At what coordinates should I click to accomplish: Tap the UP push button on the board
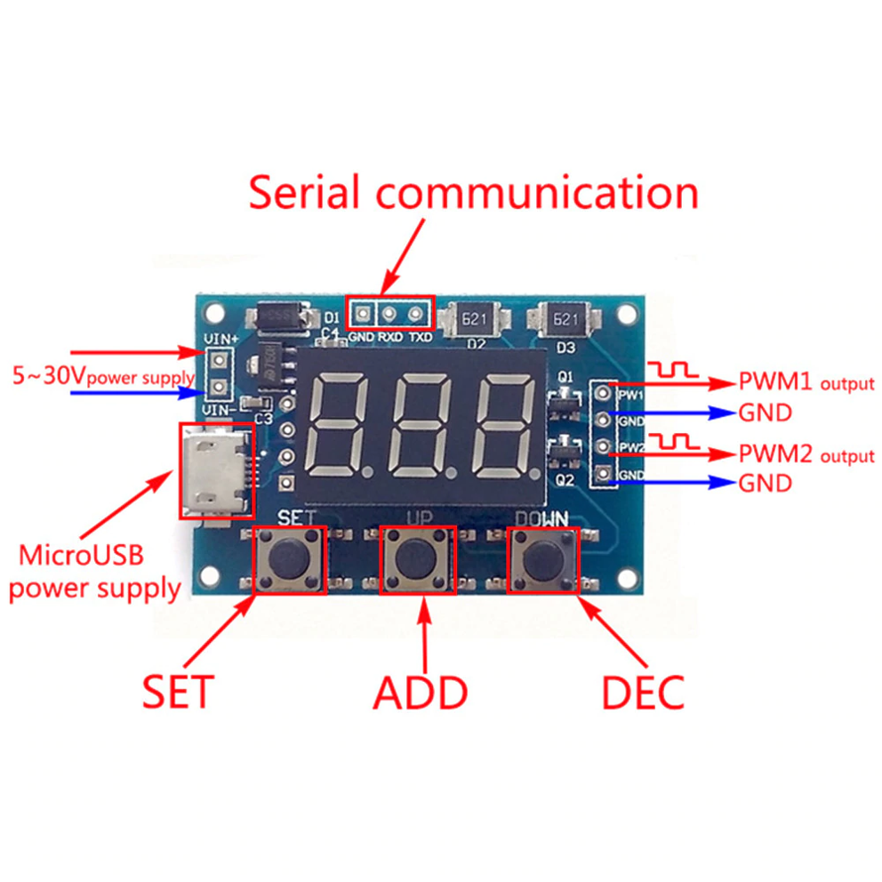point(416,559)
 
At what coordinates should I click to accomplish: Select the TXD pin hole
point(414,313)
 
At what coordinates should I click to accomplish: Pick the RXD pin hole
point(389,313)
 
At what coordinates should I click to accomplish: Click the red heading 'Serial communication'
point(473,193)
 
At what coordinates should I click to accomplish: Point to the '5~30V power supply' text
point(102,377)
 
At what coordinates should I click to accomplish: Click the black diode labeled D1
point(283,316)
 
